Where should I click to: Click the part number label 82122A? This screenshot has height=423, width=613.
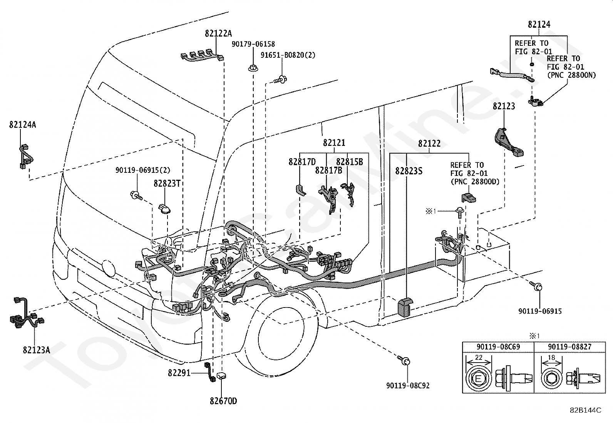[x=218, y=33]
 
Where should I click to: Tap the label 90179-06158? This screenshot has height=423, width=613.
[x=253, y=44]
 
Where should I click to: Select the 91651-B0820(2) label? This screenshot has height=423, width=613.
[x=288, y=55]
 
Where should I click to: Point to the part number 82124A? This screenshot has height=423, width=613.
[x=22, y=125]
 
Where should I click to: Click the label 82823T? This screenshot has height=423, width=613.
[x=167, y=183]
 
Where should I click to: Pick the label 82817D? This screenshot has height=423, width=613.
[x=302, y=162]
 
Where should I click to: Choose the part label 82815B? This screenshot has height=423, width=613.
[x=350, y=162]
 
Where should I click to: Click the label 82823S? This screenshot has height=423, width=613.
[x=409, y=171]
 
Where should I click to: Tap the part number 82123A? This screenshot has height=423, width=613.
[x=37, y=350]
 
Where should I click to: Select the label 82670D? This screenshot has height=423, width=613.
[x=223, y=401]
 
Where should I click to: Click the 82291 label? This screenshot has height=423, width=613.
[x=179, y=373]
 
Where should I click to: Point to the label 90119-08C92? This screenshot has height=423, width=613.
[x=408, y=386]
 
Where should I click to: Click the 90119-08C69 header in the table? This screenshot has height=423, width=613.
[x=498, y=347]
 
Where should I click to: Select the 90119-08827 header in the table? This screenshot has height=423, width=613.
[x=570, y=347]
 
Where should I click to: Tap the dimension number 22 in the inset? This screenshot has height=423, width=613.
[x=479, y=358]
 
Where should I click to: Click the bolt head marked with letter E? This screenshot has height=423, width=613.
[x=478, y=379]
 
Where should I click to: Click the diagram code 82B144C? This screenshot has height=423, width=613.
[x=586, y=410]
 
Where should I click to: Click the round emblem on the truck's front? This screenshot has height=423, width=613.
[x=109, y=268]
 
